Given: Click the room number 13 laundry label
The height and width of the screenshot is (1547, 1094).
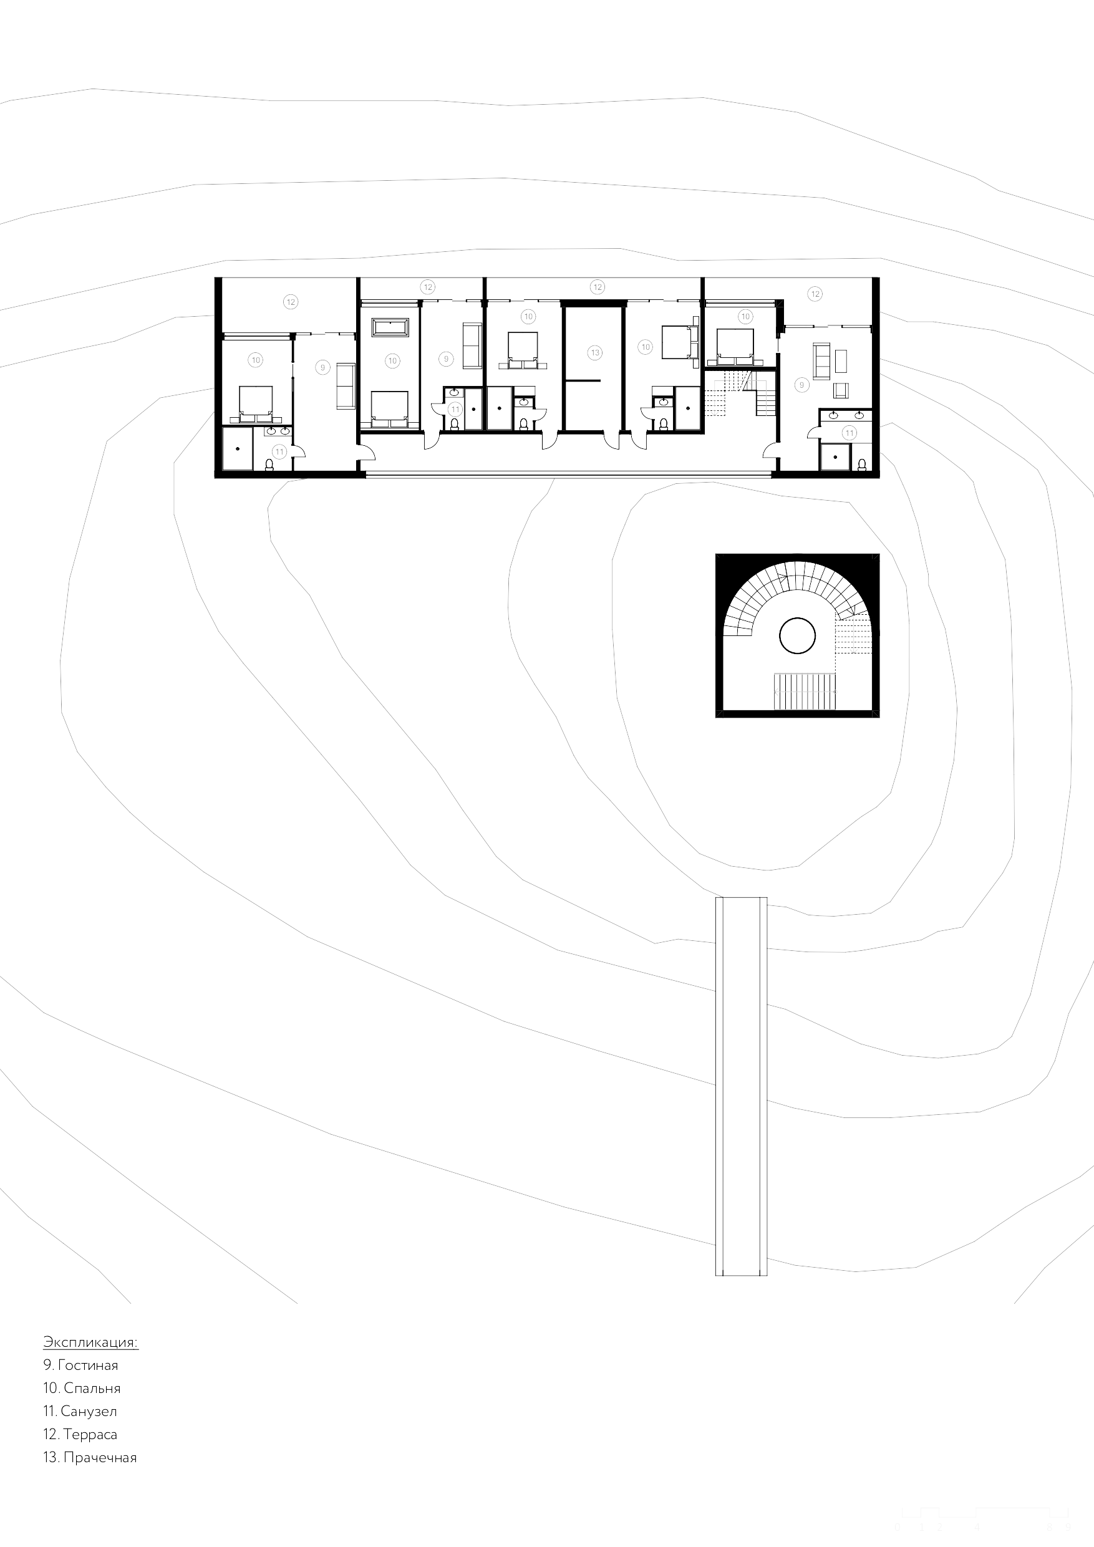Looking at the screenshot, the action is [x=594, y=352].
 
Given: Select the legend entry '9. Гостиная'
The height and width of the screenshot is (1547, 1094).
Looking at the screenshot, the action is [x=80, y=1365].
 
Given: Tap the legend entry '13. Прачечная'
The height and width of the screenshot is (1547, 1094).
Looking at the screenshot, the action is [x=90, y=1457].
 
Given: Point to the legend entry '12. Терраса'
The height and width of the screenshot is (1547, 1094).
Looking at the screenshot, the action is [x=80, y=1435].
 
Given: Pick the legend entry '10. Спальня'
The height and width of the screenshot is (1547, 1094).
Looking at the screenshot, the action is [x=82, y=1388].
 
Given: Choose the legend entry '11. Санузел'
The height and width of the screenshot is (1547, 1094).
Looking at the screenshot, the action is [x=80, y=1411].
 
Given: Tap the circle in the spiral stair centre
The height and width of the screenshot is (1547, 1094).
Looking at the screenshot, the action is [x=797, y=635].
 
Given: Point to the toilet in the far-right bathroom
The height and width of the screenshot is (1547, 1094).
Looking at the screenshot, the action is [x=862, y=465].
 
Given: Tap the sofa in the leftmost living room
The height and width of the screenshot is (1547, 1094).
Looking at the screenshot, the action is [x=346, y=385].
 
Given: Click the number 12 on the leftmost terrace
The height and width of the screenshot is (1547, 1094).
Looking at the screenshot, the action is [x=291, y=302].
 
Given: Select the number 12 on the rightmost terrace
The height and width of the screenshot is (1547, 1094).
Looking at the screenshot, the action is [x=816, y=294].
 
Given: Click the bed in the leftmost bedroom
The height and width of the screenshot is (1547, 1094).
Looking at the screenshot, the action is [x=256, y=403].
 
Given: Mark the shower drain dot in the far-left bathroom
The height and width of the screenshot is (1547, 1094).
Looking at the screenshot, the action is [x=238, y=449].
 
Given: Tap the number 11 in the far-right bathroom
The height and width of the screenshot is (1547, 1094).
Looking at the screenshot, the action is [x=850, y=433].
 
